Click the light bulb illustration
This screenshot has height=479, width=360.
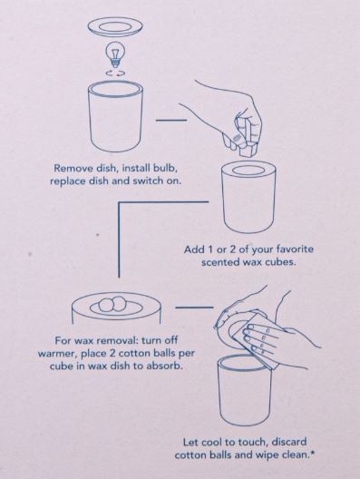116,54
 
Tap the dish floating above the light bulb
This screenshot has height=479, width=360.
116,27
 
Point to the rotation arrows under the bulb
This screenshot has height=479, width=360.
115,73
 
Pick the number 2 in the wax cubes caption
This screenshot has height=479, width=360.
233,249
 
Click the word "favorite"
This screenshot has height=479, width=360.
295,249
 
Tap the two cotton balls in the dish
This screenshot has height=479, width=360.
112,304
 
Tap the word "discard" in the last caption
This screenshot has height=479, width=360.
288,442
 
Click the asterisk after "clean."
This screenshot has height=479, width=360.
312,452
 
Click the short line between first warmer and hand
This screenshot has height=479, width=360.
171,121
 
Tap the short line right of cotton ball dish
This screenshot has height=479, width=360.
194,307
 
